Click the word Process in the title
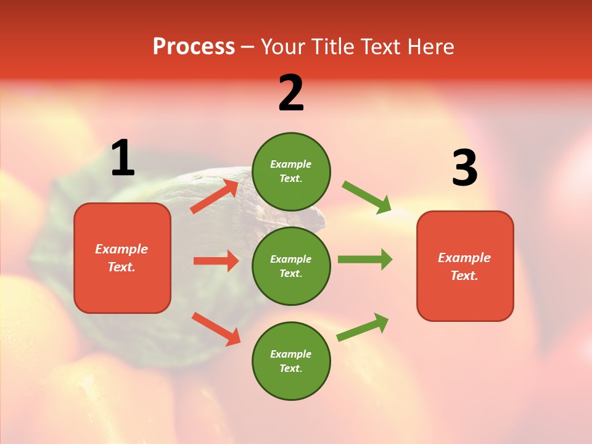pyautogui.click(x=194, y=46)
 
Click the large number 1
pyautogui.click(x=123, y=159)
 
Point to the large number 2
pyautogui.click(x=291, y=94)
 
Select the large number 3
pyautogui.click(x=464, y=168)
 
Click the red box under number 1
pyautogui.click(x=122, y=258)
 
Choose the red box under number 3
pyautogui.click(x=465, y=266)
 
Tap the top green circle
pyautogui.click(x=291, y=171)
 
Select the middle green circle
pyautogui.click(x=291, y=266)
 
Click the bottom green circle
pyautogui.click(x=291, y=361)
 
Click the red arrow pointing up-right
pyautogui.click(x=215, y=197)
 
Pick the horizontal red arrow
pyautogui.click(x=216, y=261)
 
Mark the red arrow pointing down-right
pyautogui.click(x=216, y=329)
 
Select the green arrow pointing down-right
pyautogui.click(x=367, y=197)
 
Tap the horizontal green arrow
pyautogui.click(x=365, y=260)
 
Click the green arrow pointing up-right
pyautogui.click(x=363, y=327)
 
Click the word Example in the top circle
pyautogui.click(x=291, y=164)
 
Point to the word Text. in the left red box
pyautogui.click(x=121, y=267)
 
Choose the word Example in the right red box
pyautogui.click(x=464, y=258)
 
